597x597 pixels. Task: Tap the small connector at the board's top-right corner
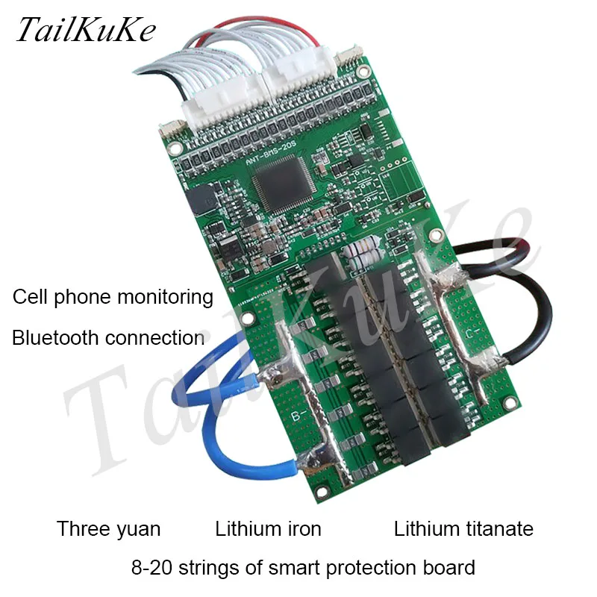(348, 59)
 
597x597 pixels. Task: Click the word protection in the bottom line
(374, 567)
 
